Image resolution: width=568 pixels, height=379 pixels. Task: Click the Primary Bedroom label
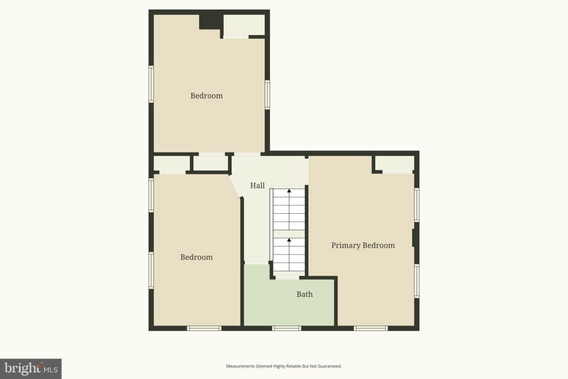pos(363,245)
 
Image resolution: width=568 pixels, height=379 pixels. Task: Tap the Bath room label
pos(304,294)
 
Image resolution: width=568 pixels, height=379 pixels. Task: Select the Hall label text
pos(257,186)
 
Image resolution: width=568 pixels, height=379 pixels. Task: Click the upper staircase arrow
pos(289,191)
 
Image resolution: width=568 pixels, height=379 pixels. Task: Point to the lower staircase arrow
pos(289,240)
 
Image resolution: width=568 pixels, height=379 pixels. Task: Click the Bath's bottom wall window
pos(286,328)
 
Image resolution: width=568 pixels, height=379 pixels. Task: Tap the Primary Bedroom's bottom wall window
pos(371,328)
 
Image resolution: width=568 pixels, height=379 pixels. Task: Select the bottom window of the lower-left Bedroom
pos(204,328)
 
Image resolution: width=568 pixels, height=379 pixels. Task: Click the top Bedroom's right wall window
pos(267,94)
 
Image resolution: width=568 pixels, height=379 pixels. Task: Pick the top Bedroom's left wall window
pos(151,84)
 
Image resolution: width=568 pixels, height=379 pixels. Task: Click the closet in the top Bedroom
pos(244,25)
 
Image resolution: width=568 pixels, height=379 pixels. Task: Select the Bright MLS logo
pos(31,369)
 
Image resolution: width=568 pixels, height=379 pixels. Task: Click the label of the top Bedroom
pos(206,96)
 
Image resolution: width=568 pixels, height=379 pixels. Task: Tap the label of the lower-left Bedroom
pos(197,257)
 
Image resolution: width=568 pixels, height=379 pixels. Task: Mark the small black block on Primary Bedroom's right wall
pos(414,238)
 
